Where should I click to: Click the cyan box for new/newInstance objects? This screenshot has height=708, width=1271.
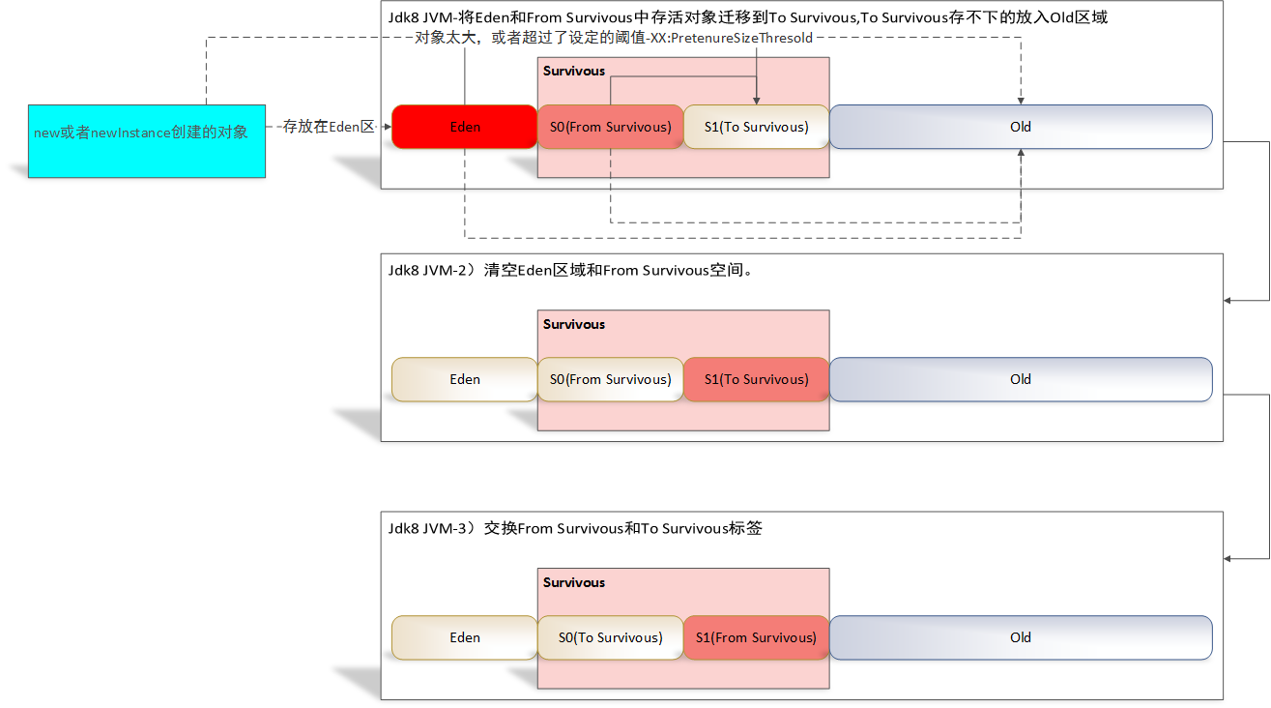tap(146, 140)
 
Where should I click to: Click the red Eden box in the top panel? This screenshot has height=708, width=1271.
tap(464, 127)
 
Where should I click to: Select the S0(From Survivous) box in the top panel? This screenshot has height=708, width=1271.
tap(610, 127)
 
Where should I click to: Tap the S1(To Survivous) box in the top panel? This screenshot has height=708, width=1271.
tap(756, 127)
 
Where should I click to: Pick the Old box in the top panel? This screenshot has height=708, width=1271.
tap(1021, 127)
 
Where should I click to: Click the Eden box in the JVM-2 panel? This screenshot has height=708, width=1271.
tap(464, 379)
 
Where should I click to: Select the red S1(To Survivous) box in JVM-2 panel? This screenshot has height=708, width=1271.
tap(756, 379)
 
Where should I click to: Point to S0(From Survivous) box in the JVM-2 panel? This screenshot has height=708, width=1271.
tap(610, 379)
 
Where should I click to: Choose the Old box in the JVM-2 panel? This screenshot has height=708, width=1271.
tap(1021, 379)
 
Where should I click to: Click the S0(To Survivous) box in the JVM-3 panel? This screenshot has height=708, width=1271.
tap(610, 637)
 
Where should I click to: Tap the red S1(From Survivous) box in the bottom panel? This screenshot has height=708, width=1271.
tap(756, 637)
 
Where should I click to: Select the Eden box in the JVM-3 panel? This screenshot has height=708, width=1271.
tap(464, 637)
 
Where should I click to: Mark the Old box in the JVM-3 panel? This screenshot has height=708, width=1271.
tap(1021, 637)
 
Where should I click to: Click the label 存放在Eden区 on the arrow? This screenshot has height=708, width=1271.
tap(329, 127)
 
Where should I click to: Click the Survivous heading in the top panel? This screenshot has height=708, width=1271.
tap(574, 71)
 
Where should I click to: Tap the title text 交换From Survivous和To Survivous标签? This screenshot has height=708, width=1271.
tap(623, 528)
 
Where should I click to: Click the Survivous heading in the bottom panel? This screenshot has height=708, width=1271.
tap(574, 582)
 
